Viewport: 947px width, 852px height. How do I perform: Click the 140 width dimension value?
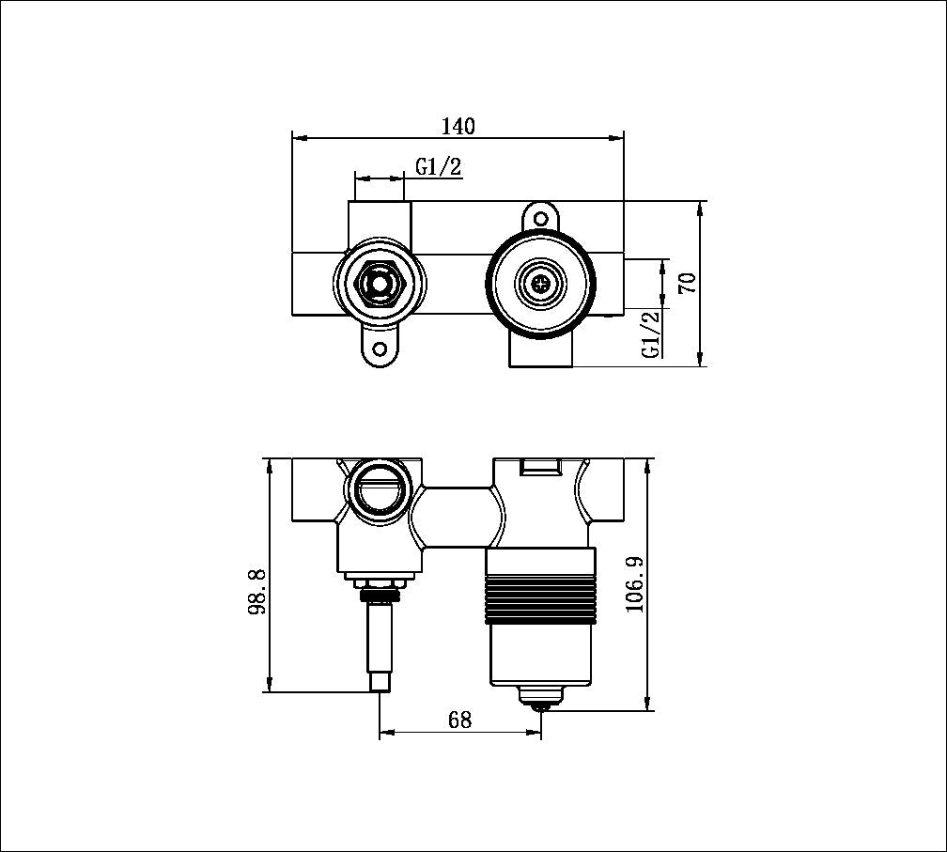[x=458, y=126]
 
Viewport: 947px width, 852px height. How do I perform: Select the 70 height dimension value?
[x=687, y=283]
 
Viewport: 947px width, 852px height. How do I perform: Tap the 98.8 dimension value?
[x=256, y=591]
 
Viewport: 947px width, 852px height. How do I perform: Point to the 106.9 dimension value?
[x=635, y=584]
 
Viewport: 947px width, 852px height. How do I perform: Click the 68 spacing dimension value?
[x=459, y=720]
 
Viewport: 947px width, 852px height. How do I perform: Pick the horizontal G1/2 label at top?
[x=439, y=167]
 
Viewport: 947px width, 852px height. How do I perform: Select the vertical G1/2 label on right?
[x=651, y=333]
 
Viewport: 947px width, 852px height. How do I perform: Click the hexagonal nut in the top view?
[x=379, y=282]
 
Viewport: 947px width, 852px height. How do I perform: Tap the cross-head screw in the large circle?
[x=540, y=282]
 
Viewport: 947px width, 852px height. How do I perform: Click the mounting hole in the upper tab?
[x=540, y=217]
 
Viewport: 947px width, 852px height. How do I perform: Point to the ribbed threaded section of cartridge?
[x=540, y=598]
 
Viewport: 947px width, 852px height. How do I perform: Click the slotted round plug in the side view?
[x=380, y=489]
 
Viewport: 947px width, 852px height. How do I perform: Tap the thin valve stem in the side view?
[x=380, y=639]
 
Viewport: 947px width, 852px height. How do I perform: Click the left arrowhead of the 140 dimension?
[x=299, y=138]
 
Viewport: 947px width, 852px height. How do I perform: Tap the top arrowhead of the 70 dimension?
[x=701, y=208]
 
